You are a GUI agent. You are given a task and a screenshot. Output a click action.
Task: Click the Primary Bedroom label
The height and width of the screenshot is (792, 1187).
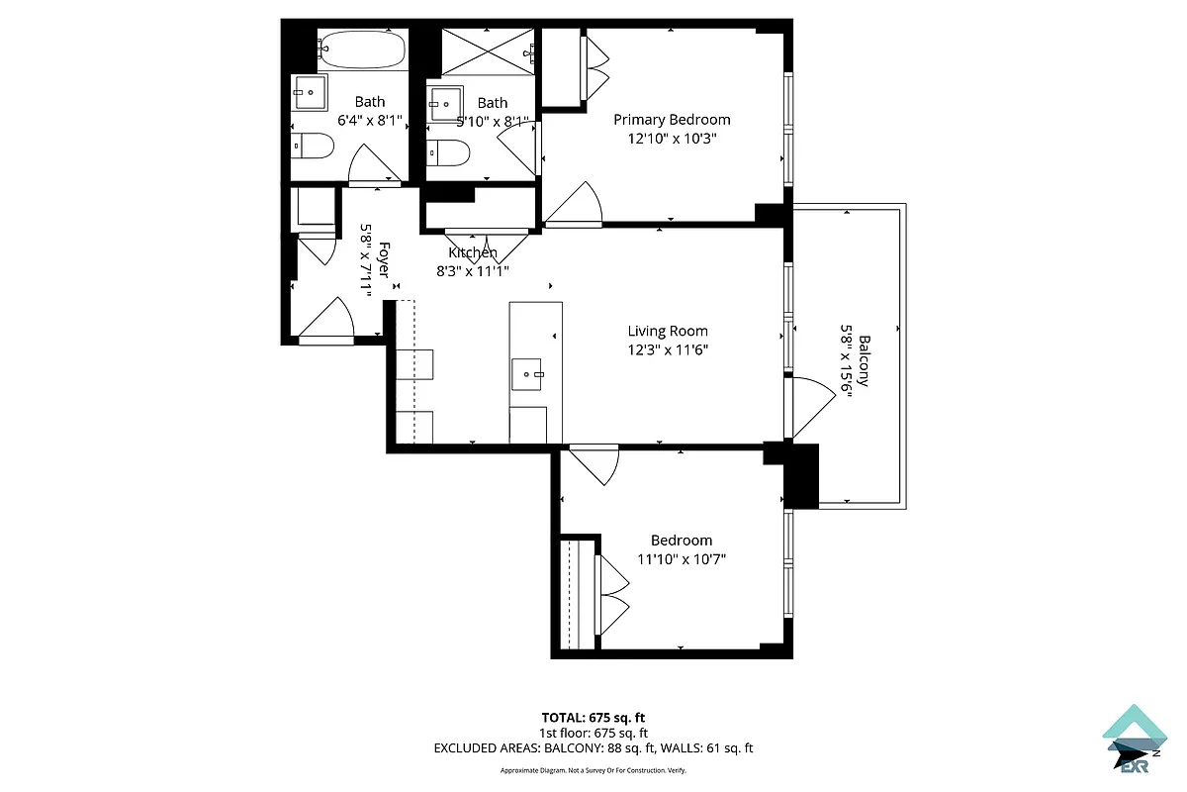click(x=672, y=120)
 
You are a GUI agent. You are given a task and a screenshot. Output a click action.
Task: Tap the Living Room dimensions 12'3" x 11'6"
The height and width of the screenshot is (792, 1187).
click(x=668, y=348)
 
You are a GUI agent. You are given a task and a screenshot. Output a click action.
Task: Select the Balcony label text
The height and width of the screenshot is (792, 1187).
click(x=865, y=360)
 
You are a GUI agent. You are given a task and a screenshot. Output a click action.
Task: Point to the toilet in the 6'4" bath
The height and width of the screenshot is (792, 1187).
click(x=314, y=147)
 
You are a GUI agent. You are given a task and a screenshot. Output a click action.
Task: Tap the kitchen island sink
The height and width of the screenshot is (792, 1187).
click(x=527, y=374)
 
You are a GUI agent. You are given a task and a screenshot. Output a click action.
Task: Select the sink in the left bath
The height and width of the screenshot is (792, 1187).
click(x=310, y=93)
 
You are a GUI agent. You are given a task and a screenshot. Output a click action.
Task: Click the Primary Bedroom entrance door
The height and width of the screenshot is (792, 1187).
click(x=575, y=206)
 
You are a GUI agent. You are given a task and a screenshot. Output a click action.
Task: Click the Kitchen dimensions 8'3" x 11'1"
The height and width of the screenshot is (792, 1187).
click(x=473, y=270)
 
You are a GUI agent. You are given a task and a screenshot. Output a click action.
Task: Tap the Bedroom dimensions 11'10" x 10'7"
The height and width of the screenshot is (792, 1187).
click(x=682, y=558)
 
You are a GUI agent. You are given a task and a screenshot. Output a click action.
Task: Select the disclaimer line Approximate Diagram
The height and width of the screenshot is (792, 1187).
click(x=593, y=770)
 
